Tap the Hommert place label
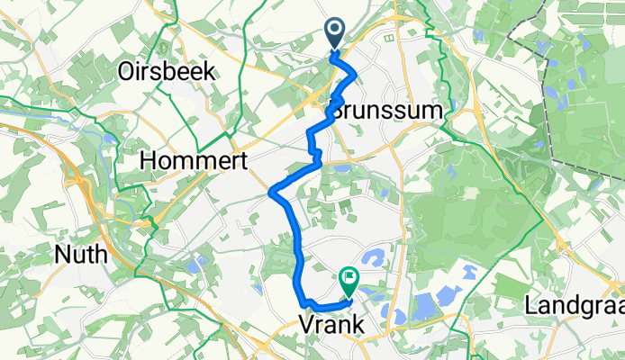(x=186, y=160)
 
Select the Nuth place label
(x=81, y=255)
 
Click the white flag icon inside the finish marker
(x=348, y=280)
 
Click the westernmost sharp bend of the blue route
(x=272, y=190)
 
